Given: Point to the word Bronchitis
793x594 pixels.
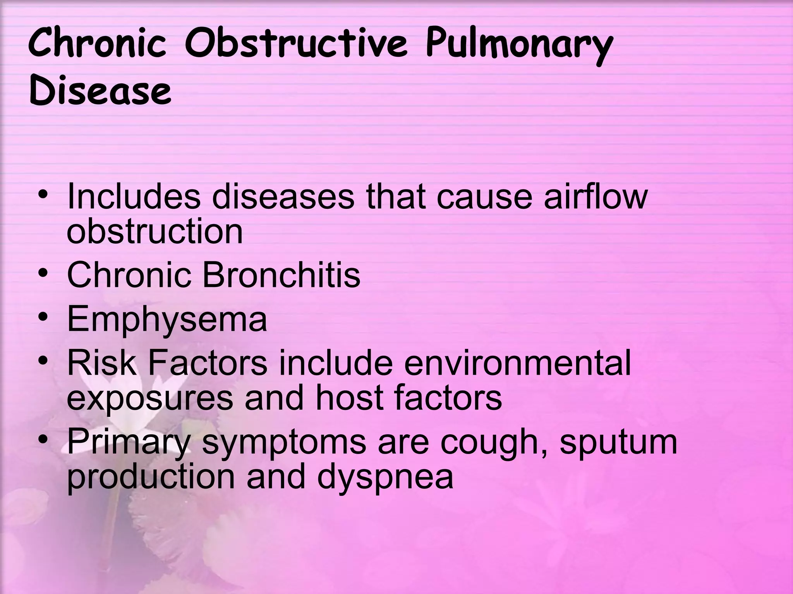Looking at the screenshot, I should (x=281, y=275).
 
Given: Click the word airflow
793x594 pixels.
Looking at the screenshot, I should (x=596, y=196).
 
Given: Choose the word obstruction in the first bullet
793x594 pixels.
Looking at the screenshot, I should (x=154, y=232).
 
